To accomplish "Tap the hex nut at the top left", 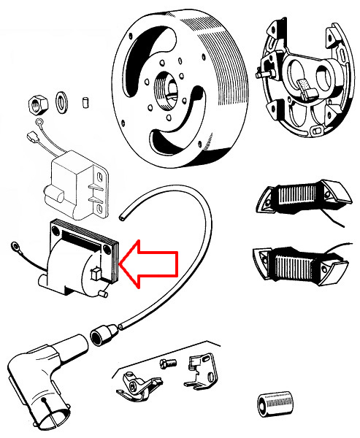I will pyautogui.click(x=37, y=103).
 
